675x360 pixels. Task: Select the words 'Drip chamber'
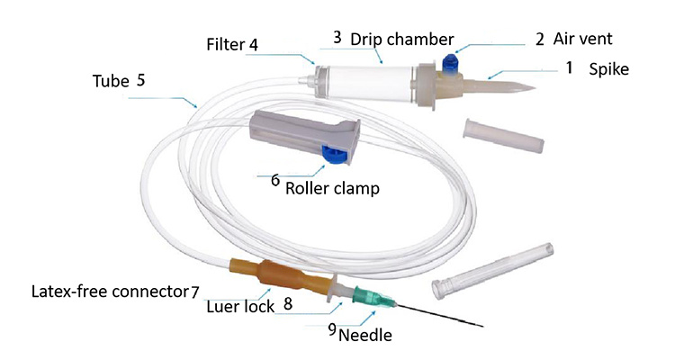(x=389, y=39)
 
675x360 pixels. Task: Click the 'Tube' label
(x=110, y=79)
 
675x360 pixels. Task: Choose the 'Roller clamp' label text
(x=332, y=189)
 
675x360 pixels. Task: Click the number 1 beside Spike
(x=569, y=67)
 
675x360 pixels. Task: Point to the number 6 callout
(x=275, y=180)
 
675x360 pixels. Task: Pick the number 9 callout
(x=331, y=329)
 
